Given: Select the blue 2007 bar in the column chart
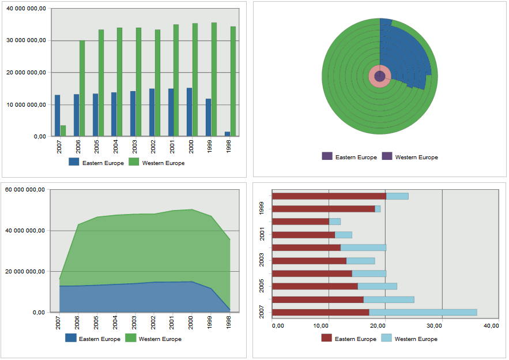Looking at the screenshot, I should tap(58, 115).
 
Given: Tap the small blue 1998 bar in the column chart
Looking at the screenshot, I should tap(228, 134).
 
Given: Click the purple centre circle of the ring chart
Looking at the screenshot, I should tap(380, 76).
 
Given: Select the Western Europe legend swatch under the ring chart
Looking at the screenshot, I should tap(387, 157).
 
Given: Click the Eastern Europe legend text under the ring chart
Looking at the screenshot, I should tap(356, 157).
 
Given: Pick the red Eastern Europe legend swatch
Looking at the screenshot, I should tap(327, 339).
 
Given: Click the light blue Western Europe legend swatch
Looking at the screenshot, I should tap(386, 339).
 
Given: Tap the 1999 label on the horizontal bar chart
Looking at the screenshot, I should tap(263, 207).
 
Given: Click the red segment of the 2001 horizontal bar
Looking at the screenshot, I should tap(303, 235).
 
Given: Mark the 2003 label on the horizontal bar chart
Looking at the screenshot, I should tap(263, 259).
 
